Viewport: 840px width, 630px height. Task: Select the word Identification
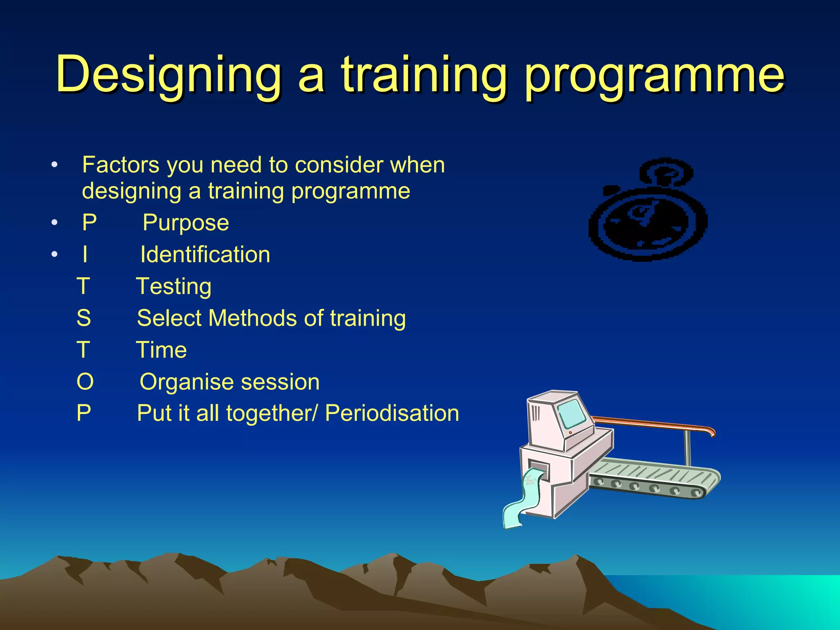coord(205,255)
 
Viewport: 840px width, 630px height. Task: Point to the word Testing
coord(173,286)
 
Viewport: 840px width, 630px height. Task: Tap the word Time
coord(161,350)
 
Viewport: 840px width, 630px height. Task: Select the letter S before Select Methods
coord(84,318)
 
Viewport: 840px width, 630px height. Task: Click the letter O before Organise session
coord(85,382)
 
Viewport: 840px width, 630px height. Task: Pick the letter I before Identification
coord(85,255)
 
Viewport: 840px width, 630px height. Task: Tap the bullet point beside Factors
coord(55,166)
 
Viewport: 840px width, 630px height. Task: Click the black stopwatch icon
coord(648,221)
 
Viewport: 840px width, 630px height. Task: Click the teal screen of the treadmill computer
coord(571,414)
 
